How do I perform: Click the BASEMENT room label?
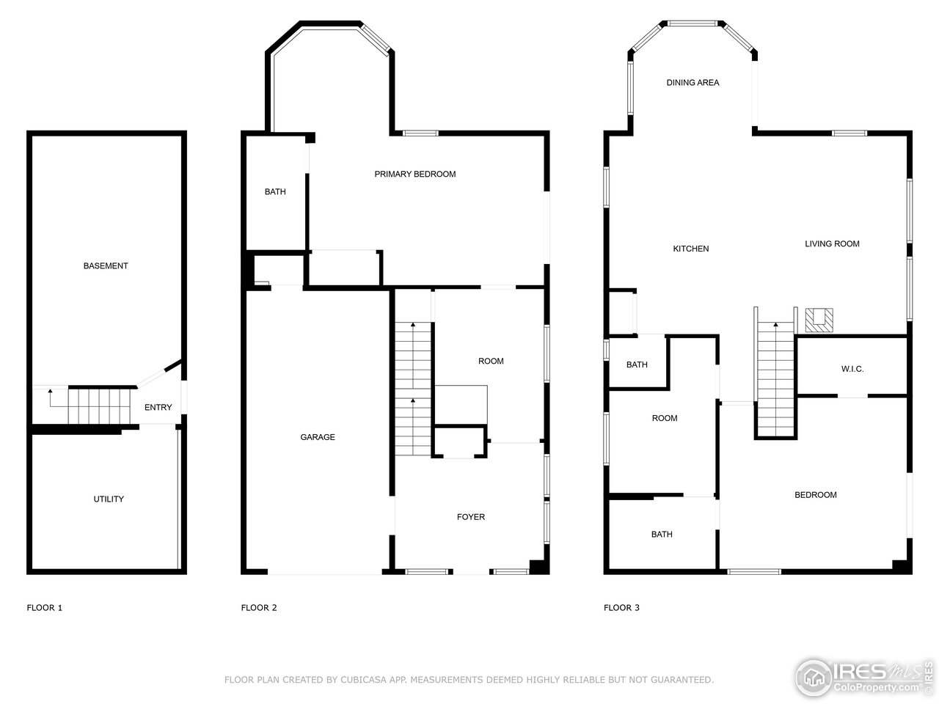click(x=106, y=266)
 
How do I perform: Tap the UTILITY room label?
click(x=109, y=499)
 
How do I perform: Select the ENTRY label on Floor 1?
click(x=158, y=408)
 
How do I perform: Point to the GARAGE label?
click(x=318, y=437)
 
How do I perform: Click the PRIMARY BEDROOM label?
click(x=415, y=175)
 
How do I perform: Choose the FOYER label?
click(x=471, y=517)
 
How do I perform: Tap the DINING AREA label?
click(x=693, y=83)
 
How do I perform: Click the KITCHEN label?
click(x=691, y=249)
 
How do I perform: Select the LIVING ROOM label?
click(x=832, y=244)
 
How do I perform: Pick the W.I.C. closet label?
click(x=852, y=369)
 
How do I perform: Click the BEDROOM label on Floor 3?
click(x=816, y=495)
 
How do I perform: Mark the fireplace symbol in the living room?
click(x=819, y=320)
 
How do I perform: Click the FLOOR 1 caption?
click(x=45, y=608)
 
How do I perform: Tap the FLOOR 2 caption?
click(x=259, y=608)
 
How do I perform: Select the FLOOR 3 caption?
click(x=621, y=608)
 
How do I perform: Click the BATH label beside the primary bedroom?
click(x=275, y=192)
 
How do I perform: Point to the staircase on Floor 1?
click(x=99, y=406)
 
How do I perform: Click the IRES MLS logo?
click(x=866, y=675)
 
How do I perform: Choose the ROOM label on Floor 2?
click(x=491, y=362)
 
